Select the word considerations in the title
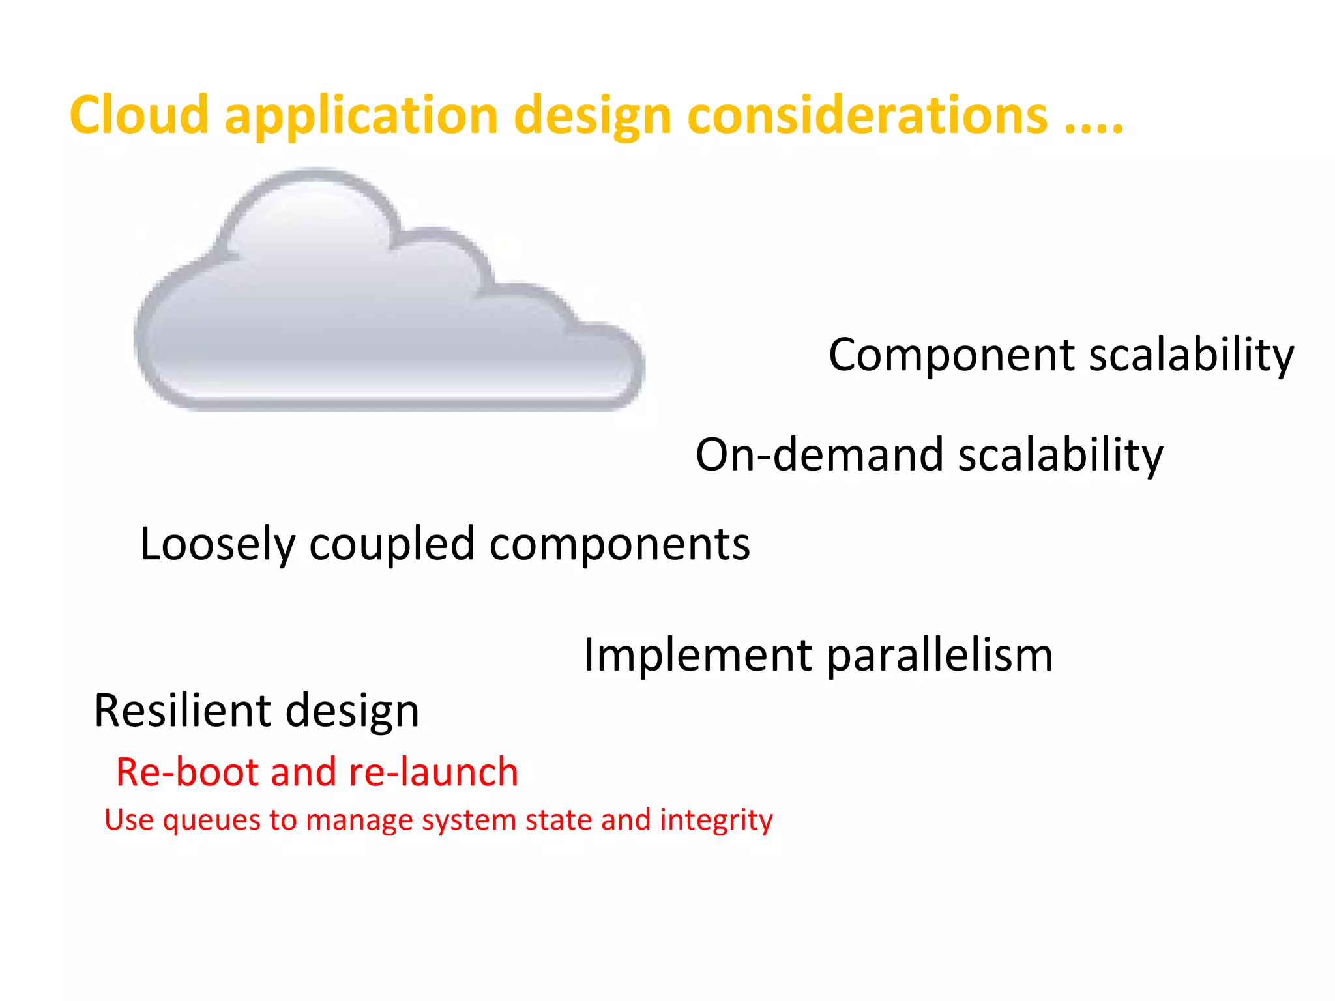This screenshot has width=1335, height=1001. (867, 116)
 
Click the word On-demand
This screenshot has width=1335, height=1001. (819, 454)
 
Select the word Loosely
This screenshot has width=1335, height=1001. (217, 545)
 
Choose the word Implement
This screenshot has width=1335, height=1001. (697, 655)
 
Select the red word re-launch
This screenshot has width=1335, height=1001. (433, 772)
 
